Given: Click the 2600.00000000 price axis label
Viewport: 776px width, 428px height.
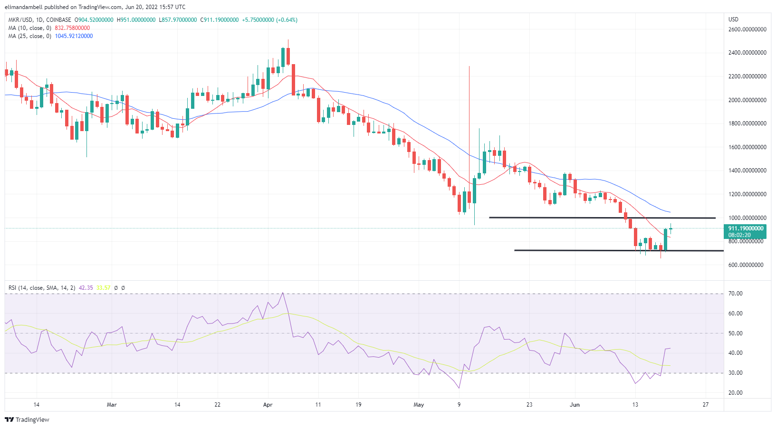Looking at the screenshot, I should pos(747,29).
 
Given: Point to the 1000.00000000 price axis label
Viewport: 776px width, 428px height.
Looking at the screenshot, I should pos(747,218).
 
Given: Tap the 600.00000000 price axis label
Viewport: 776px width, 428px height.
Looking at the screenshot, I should pos(747,265).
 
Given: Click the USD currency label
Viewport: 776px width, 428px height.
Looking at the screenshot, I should pos(734,19).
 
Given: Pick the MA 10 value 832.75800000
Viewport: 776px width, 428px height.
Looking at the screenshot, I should pos(72,28).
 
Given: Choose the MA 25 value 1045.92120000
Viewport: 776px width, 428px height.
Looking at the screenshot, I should pos(74,36).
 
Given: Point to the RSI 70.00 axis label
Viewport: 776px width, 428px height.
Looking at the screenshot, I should pos(736,294).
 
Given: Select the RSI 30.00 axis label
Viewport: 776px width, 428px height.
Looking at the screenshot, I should pos(736,373).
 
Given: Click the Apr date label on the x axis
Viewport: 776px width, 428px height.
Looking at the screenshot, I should pos(268,405).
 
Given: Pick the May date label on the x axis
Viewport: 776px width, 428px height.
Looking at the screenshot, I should pos(419,405).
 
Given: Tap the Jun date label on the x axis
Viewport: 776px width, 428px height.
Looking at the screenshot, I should pos(575,405).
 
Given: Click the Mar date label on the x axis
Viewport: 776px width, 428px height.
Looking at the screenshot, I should pos(112,405).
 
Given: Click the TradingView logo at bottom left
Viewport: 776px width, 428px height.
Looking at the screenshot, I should pos(27,419).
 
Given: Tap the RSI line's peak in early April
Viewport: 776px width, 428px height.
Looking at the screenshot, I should pos(283,293).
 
